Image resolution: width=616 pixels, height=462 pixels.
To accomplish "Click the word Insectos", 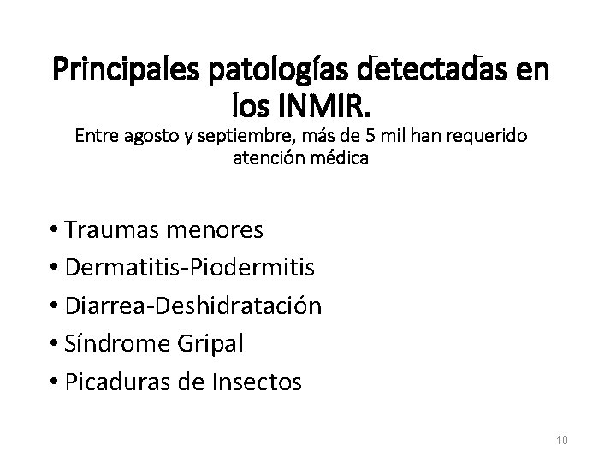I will coord(258,381).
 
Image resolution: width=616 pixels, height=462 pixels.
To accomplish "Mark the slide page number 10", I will coord(561,440).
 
